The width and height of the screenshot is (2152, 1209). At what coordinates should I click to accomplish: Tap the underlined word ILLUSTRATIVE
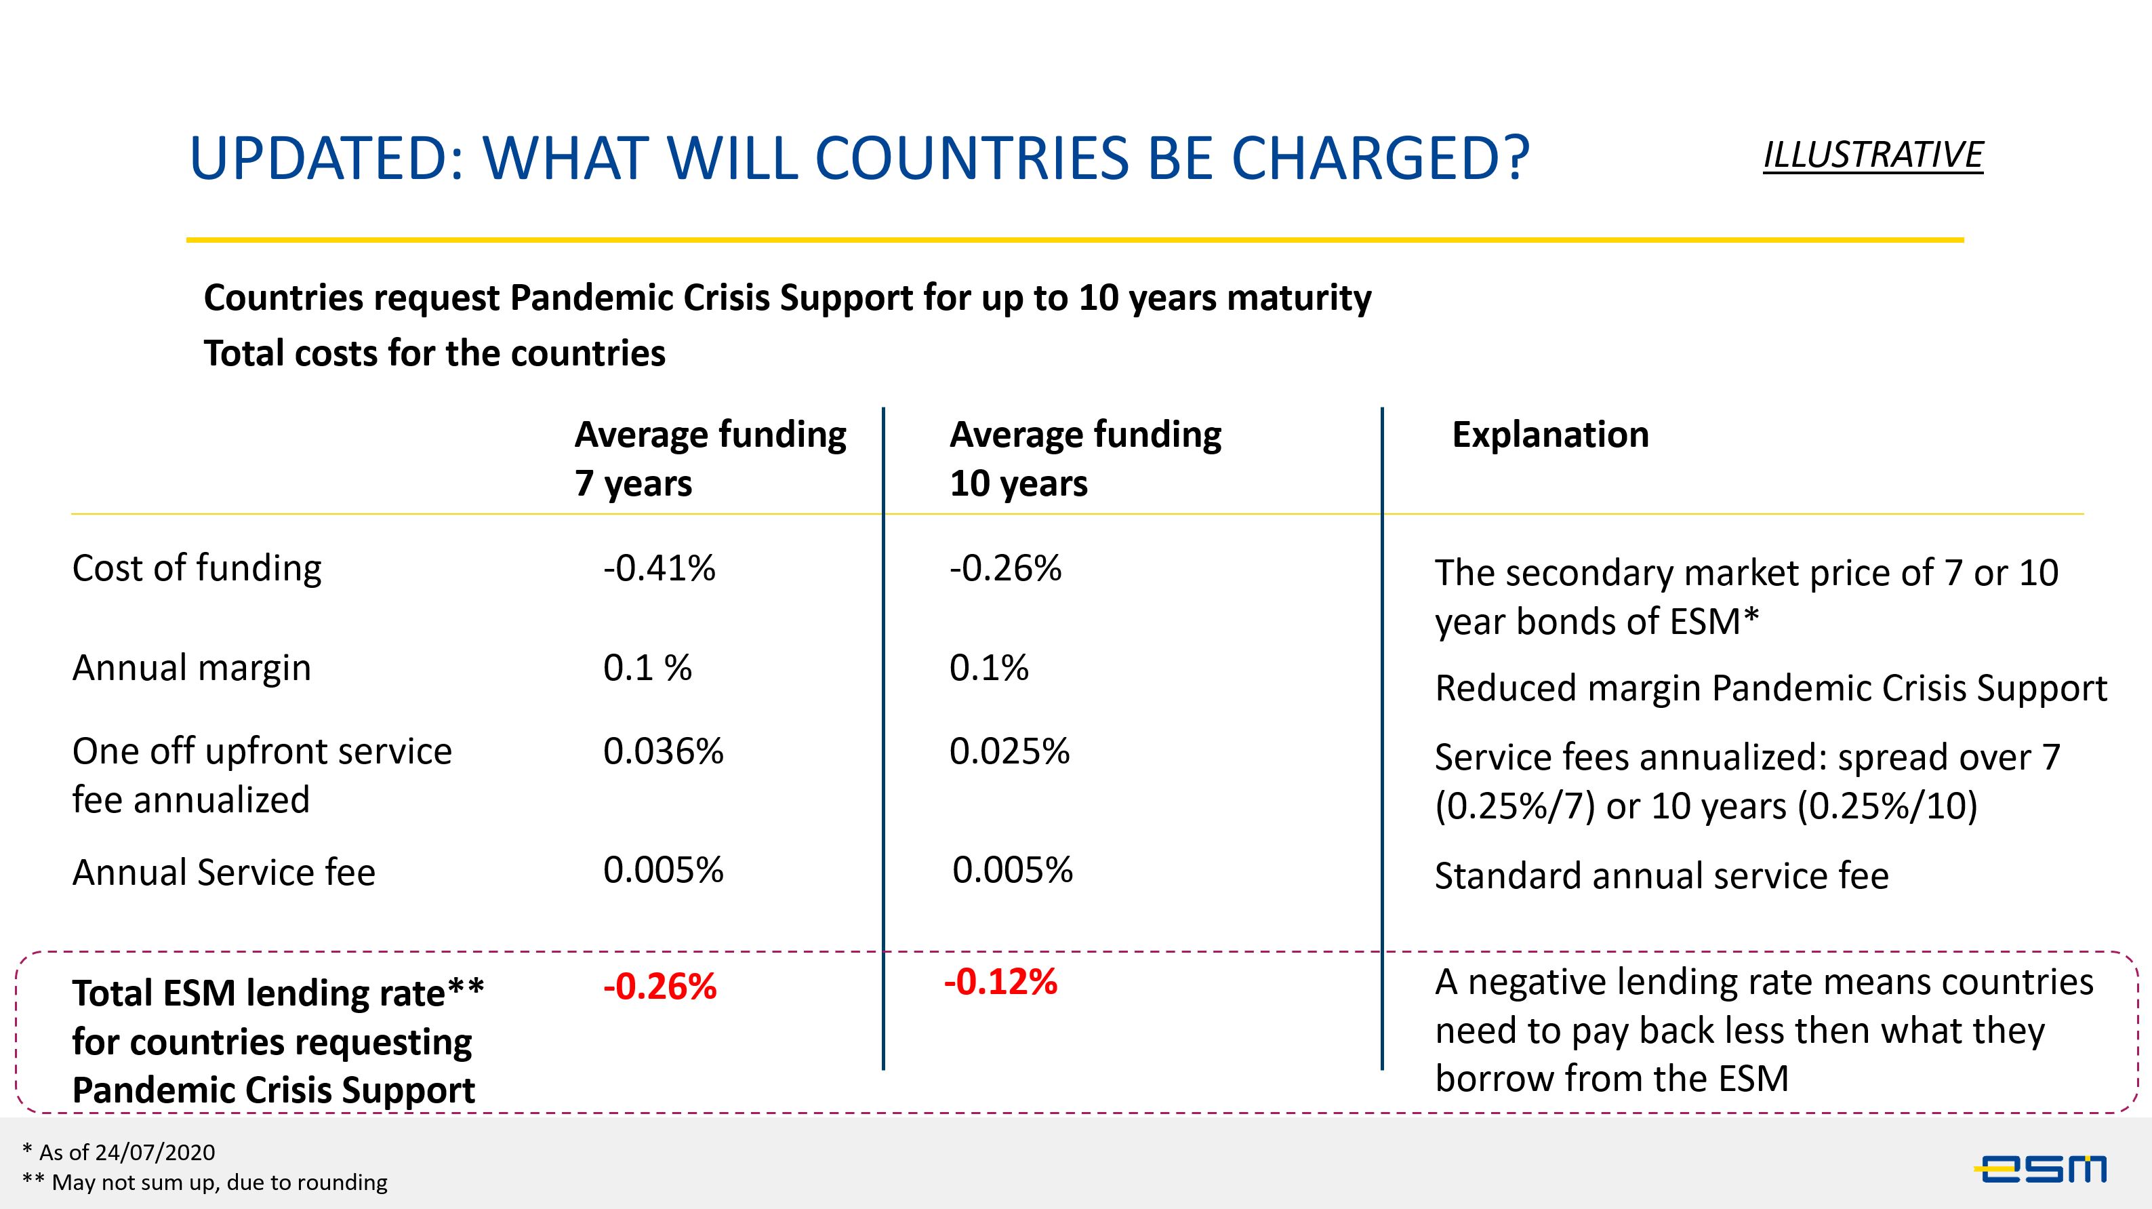click(1872, 155)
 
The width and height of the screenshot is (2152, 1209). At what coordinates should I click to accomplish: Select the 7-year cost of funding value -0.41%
click(659, 568)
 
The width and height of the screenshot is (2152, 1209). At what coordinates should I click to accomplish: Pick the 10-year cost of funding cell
click(1005, 568)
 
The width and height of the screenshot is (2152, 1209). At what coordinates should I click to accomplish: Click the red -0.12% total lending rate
click(1000, 982)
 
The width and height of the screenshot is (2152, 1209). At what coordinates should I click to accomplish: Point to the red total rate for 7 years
click(659, 987)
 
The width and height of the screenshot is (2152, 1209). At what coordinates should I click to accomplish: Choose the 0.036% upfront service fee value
click(664, 751)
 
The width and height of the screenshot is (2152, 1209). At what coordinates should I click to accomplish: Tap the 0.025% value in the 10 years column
click(1009, 751)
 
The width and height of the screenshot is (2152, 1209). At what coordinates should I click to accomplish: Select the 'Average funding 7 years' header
click(710, 458)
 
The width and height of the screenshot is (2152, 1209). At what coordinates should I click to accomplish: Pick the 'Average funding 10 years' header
click(1085, 458)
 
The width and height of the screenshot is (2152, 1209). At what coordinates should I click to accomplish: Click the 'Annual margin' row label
click(191, 668)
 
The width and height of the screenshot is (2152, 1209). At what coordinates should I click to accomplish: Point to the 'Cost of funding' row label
click(197, 568)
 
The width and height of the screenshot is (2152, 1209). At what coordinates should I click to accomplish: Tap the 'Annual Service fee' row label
click(224, 872)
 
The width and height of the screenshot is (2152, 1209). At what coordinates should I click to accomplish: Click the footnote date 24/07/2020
click(155, 1152)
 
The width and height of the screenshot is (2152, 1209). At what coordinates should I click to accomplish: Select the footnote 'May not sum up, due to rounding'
click(219, 1183)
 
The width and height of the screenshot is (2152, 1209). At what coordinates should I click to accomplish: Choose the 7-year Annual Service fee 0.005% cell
click(664, 871)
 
